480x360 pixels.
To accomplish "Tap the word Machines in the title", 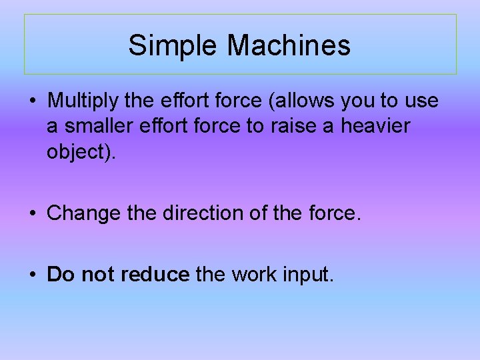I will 289,46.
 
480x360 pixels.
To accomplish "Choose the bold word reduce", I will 155,274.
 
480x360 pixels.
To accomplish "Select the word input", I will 308,275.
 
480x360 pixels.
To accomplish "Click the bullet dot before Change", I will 32,214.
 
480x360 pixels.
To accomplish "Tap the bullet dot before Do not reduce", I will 32,275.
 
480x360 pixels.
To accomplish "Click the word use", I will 422,102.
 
